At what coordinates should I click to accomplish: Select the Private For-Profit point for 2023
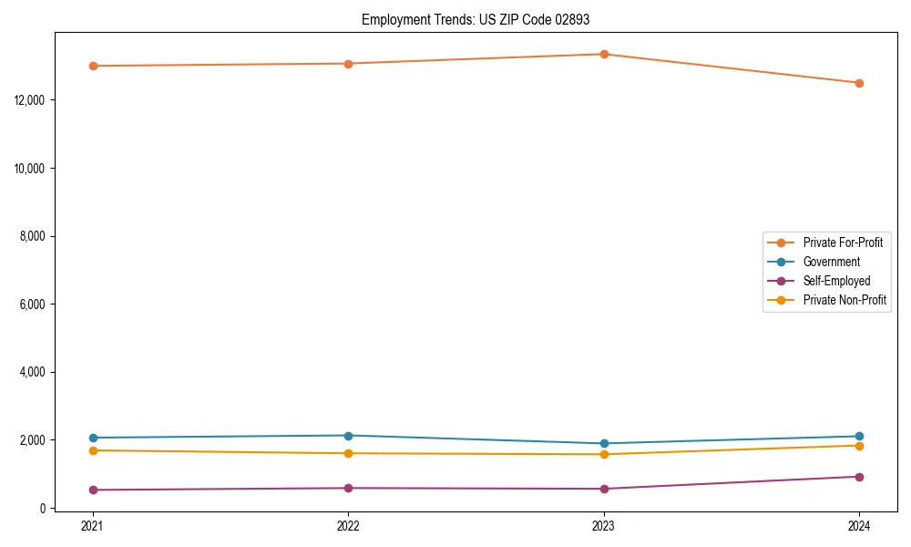pyautogui.click(x=604, y=54)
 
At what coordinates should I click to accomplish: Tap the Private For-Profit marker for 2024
pyautogui.click(x=859, y=83)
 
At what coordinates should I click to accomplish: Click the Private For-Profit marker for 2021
pyautogui.click(x=92, y=66)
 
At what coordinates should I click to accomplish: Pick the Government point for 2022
pyautogui.click(x=348, y=435)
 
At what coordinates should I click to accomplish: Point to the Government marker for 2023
pyautogui.click(x=604, y=443)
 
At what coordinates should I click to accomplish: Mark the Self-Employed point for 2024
pyautogui.click(x=859, y=477)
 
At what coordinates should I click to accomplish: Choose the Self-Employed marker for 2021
pyautogui.click(x=92, y=490)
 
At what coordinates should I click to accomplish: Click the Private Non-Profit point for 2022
pyautogui.click(x=348, y=453)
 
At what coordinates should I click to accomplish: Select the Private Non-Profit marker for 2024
pyautogui.click(x=859, y=445)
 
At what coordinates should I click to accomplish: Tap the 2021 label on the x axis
pyautogui.click(x=92, y=525)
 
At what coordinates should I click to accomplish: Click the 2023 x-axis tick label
pyautogui.click(x=604, y=525)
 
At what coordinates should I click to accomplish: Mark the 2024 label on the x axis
pyautogui.click(x=859, y=525)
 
